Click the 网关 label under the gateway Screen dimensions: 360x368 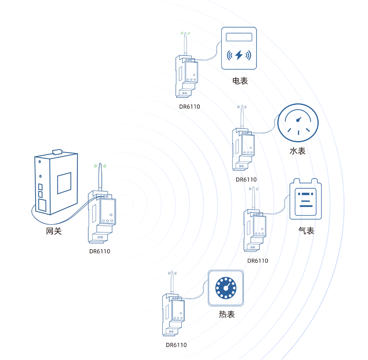54,232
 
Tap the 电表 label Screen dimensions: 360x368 240,81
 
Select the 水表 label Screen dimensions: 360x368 297,151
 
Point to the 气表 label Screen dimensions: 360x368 306,231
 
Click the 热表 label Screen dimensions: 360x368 226,315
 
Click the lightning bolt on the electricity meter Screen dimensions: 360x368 239,55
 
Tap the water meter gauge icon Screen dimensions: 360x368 298,123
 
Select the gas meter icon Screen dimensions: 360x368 306,199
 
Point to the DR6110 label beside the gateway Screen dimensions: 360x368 99,251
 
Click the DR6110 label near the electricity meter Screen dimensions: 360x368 189,107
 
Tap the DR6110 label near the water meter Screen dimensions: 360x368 246,179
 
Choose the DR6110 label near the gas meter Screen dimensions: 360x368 258,261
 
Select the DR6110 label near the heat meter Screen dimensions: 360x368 176,345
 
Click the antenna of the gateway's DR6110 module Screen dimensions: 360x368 100,179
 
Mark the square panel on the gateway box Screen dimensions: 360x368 64,183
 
